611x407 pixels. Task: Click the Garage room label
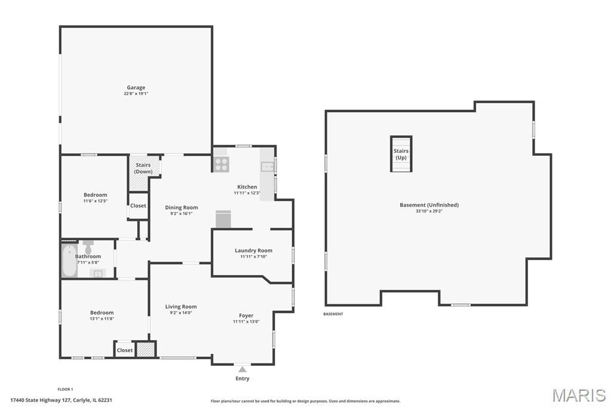coord(136,88)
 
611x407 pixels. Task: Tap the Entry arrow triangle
coord(242,369)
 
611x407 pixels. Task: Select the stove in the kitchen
coord(221,164)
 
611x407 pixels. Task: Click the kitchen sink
coord(268,167)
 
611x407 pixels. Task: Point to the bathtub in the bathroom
coord(69,260)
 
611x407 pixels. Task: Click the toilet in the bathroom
coord(88,247)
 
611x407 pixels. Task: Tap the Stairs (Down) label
coord(143,168)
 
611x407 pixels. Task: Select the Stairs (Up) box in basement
coord(401,154)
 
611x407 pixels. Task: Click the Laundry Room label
coord(254,251)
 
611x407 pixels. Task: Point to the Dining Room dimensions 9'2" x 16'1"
coord(181,214)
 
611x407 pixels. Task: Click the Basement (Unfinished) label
coord(429,205)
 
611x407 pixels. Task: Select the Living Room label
coord(181,307)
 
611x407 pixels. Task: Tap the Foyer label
coord(246,316)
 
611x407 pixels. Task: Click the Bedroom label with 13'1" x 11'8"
coord(102,313)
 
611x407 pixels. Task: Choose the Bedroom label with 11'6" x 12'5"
coord(95,195)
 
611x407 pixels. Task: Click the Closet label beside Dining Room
coord(138,206)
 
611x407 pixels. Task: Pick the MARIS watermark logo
coord(579,395)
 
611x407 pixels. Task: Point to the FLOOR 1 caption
coord(66,389)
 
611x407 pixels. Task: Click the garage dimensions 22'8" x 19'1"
coord(136,94)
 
